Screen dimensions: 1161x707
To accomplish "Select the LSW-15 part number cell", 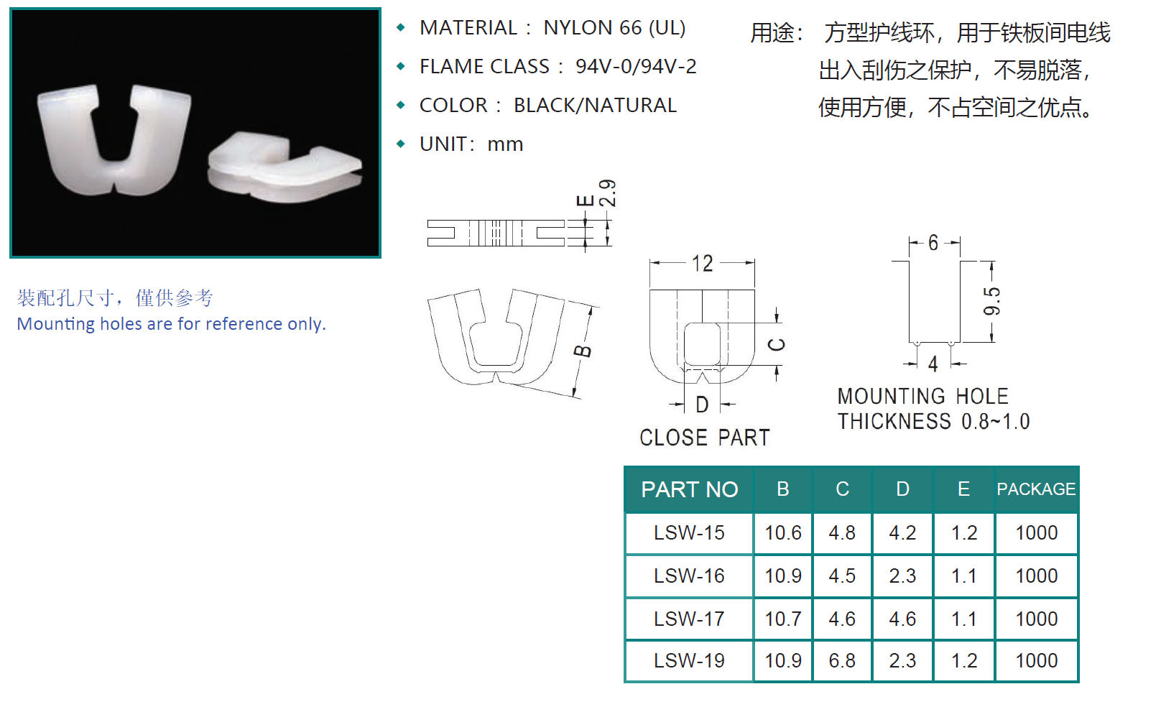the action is [689, 533].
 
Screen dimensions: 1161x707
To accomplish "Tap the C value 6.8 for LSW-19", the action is [842, 661].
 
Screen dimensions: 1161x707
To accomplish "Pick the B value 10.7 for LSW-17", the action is [783, 619].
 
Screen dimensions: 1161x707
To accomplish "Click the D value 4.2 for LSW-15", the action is [902, 533].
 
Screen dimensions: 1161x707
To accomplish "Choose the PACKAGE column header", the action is [1036, 489].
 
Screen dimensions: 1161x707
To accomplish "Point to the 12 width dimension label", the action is [703, 264].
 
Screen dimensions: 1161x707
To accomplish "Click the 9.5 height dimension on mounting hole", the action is [991, 301].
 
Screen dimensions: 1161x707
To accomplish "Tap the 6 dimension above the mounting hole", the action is [933, 243].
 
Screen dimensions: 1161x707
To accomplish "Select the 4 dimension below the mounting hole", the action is [933, 364].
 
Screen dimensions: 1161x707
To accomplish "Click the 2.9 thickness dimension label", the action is [608, 193].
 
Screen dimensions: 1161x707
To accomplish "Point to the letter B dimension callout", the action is [583, 351].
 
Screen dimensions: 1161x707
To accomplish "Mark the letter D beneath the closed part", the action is [702, 405].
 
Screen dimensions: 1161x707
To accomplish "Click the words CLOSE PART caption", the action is [704, 438].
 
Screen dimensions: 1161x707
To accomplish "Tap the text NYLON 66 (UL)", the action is [614, 28].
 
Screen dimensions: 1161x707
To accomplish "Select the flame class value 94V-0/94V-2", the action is [636, 66].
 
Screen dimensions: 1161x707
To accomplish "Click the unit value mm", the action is [505, 144].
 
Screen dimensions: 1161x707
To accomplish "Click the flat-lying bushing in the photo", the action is [285, 167].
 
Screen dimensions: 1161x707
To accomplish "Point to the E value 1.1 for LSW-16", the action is [963, 576].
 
